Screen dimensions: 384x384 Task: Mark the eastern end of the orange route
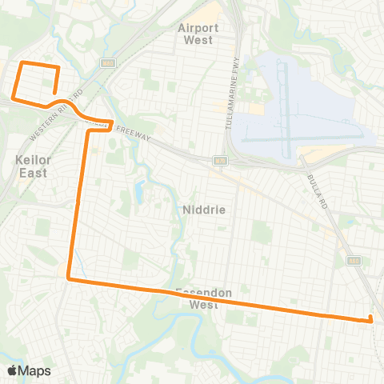tap(370, 320)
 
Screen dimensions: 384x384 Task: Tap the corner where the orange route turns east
tap(70, 279)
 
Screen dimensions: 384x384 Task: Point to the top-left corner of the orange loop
tap(22, 62)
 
